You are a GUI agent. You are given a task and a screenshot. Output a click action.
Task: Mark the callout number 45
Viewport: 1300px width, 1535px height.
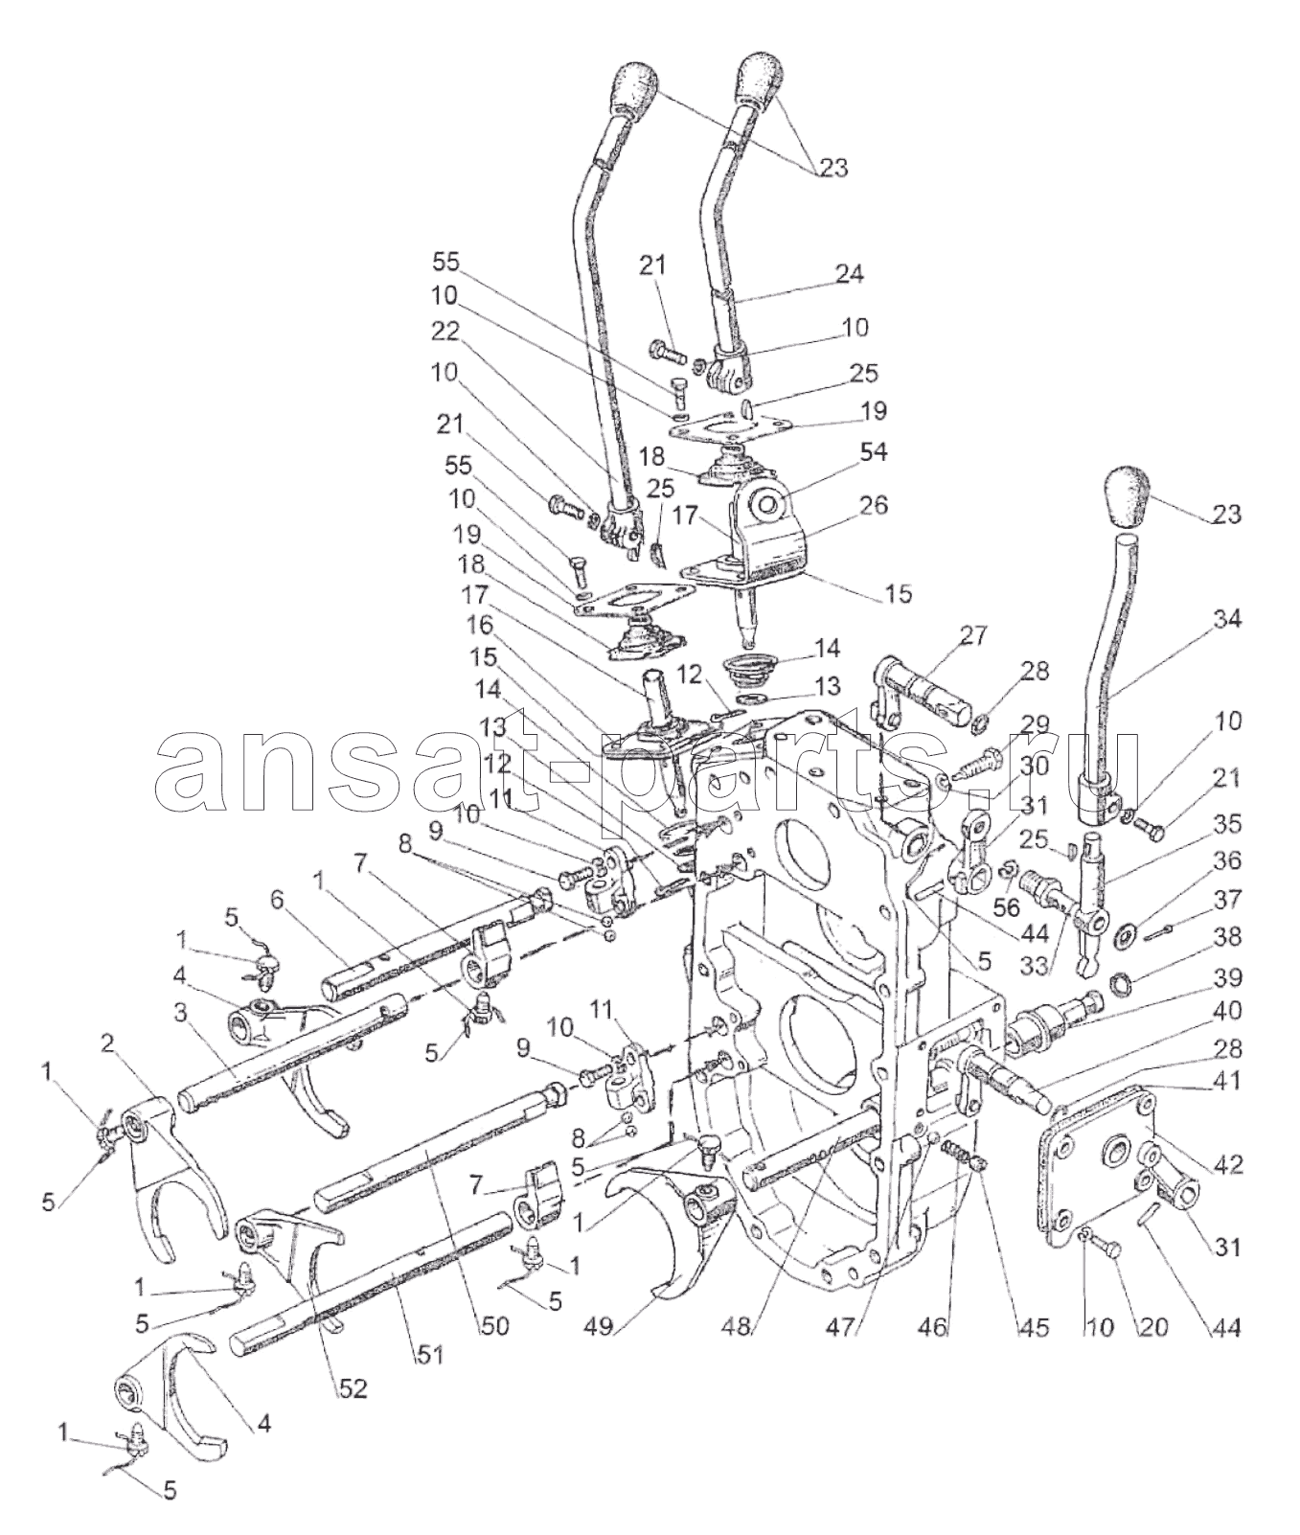tap(1032, 1327)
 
